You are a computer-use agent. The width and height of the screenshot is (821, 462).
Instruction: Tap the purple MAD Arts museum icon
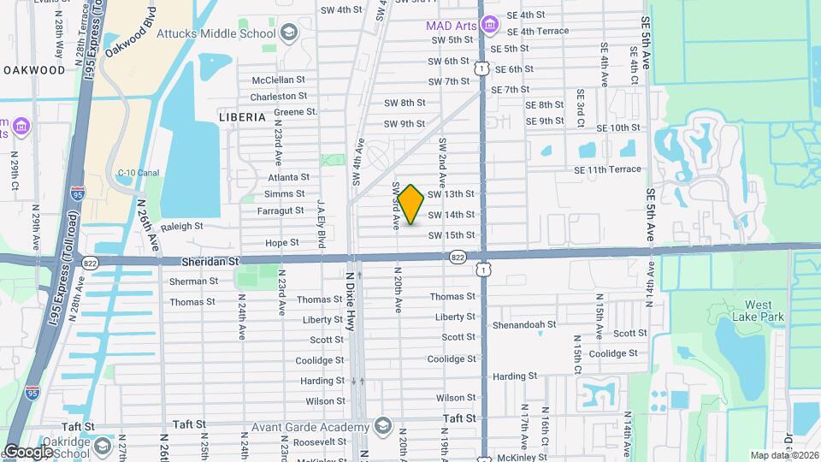pyautogui.click(x=489, y=26)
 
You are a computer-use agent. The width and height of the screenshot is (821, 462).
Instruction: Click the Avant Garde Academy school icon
pyautogui.click(x=383, y=426)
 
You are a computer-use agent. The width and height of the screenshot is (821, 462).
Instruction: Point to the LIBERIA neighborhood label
pyautogui.click(x=242, y=116)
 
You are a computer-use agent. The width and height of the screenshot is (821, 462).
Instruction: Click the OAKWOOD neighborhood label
pyautogui.click(x=33, y=69)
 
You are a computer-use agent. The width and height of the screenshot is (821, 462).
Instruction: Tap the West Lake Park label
pyautogui.click(x=757, y=311)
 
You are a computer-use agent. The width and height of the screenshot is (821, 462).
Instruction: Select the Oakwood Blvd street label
pyautogui.click(x=130, y=33)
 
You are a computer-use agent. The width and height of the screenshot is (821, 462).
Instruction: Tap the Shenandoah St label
pyautogui.click(x=524, y=325)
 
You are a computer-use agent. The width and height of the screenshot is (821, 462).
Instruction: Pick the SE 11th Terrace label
pyautogui.click(x=607, y=169)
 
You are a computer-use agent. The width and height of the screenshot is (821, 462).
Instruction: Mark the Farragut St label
pyautogui.click(x=281, y=210)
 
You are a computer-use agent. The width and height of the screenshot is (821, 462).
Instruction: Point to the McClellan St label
pyautogui.click(x=279, y=80)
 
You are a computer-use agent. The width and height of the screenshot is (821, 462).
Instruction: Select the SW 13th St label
pyautogui.click(x=451, y=194)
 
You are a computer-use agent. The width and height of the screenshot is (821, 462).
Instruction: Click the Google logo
pyautogui.click(x=28, y=452)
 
